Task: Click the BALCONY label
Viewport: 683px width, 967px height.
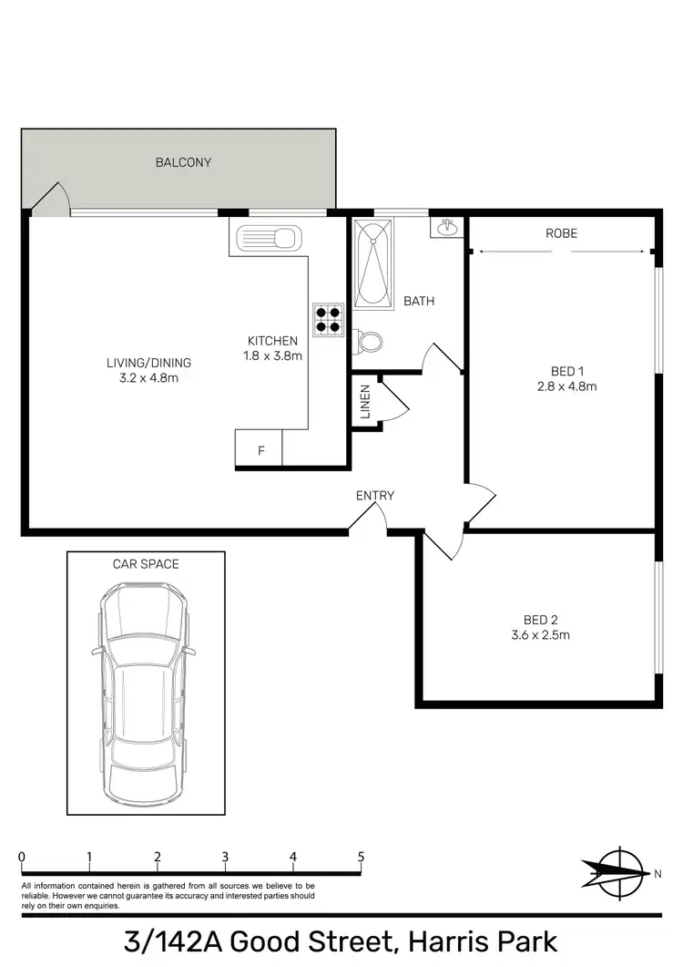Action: pos(183,162)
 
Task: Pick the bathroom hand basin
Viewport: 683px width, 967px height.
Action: pos(446,228)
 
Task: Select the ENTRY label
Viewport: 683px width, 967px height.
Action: pos(375,496)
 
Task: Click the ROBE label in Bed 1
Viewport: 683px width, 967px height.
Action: pos(562,233)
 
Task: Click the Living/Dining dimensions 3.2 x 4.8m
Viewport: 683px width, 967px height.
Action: pos(148,377)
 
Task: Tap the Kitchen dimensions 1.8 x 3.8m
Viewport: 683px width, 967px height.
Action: pos(272,356)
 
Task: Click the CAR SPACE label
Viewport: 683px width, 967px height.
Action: pos(146,564)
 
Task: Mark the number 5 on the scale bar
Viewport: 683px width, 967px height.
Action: pos(362,857)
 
